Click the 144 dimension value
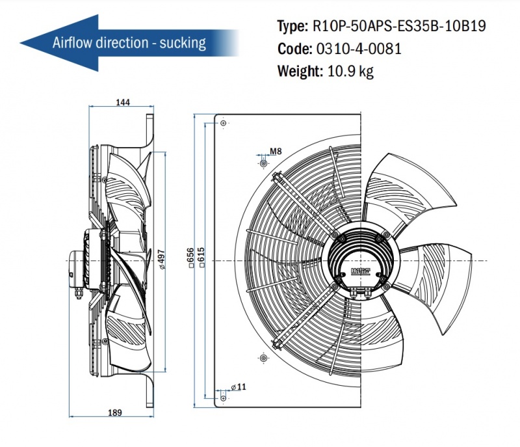pos(123,102)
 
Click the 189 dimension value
pos(115,413)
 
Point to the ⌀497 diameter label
pos(161,259)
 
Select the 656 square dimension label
pos(190,258)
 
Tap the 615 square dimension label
pos(201,258)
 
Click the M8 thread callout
pos(276,152)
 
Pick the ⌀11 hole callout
pos(239,386)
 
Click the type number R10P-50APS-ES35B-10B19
pos(399,26)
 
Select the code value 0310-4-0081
pos(359,48)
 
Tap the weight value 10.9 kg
pos(350,71)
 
